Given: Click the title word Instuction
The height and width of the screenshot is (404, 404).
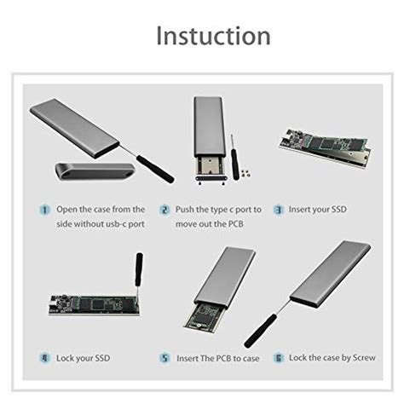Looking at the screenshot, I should tap(213, 36).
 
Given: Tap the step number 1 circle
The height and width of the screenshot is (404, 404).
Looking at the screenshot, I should tap(44, 209).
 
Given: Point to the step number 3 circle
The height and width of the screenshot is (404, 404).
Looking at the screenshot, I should tap(278, 209).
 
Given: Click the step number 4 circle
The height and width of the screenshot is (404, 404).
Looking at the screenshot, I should tap(44, 358).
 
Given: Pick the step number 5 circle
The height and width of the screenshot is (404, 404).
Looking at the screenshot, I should tap(164, 358).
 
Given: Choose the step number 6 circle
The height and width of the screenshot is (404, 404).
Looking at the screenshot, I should tap(278, 358).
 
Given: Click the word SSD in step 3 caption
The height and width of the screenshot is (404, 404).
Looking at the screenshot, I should tap(338, 209).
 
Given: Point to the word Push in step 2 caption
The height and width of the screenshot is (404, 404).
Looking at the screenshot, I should tap(188, 209).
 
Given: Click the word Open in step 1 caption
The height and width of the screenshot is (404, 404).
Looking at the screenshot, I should tap(68, 209).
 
